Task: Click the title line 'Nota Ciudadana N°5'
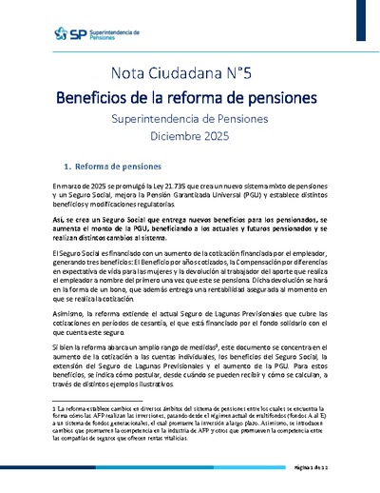[x=189, y=74]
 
